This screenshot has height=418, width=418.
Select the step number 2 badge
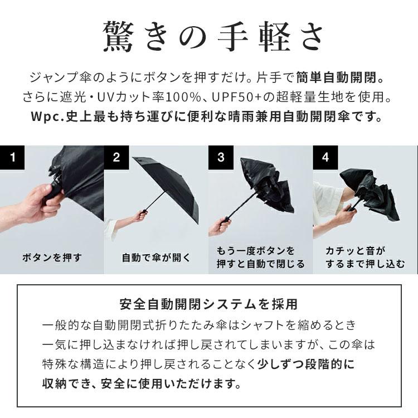pyautogui.click(x=116, y=157)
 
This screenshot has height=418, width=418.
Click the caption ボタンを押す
pyautogui.click(x=52, y=257)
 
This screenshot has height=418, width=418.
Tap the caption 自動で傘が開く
pyautogui.click(x=156, y=257)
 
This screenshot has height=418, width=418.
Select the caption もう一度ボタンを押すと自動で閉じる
pyautogui.click(x=260, y=257)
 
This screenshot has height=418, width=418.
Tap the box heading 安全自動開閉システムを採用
pyautogui.click(x=208, y=304)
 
